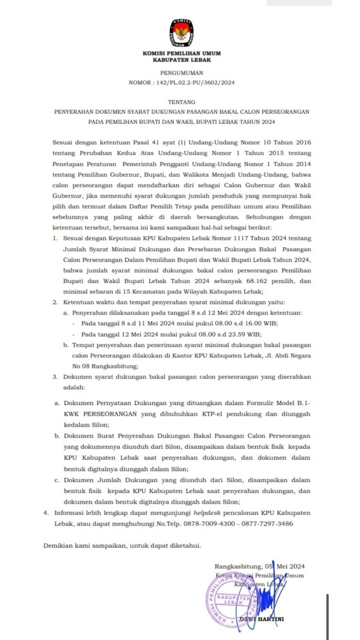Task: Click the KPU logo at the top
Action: [182, 33]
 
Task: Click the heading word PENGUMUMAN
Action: [182, 73]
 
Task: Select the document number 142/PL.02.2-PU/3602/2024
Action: [195, 83]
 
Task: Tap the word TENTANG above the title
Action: [182, 102]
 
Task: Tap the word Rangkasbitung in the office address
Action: [114, 366]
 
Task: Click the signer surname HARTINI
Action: [270, 619]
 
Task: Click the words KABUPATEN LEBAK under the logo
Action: [182, 60]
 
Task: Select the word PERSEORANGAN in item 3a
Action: [110, 414]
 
